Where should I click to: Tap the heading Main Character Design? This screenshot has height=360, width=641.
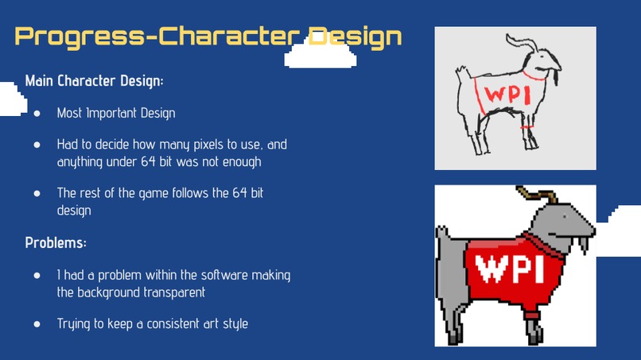[95, 81]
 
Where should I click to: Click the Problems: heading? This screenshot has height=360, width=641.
[56, 242]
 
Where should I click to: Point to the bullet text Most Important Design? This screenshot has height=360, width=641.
[116, 113]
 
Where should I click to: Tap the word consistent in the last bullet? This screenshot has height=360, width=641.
[165, 323]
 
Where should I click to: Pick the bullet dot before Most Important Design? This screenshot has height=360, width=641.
[37, 113]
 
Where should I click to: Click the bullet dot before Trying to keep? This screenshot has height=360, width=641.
[37, 323]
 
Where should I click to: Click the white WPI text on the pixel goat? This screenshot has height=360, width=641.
[514, 268]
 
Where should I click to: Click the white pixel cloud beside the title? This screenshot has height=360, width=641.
[318, 54]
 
